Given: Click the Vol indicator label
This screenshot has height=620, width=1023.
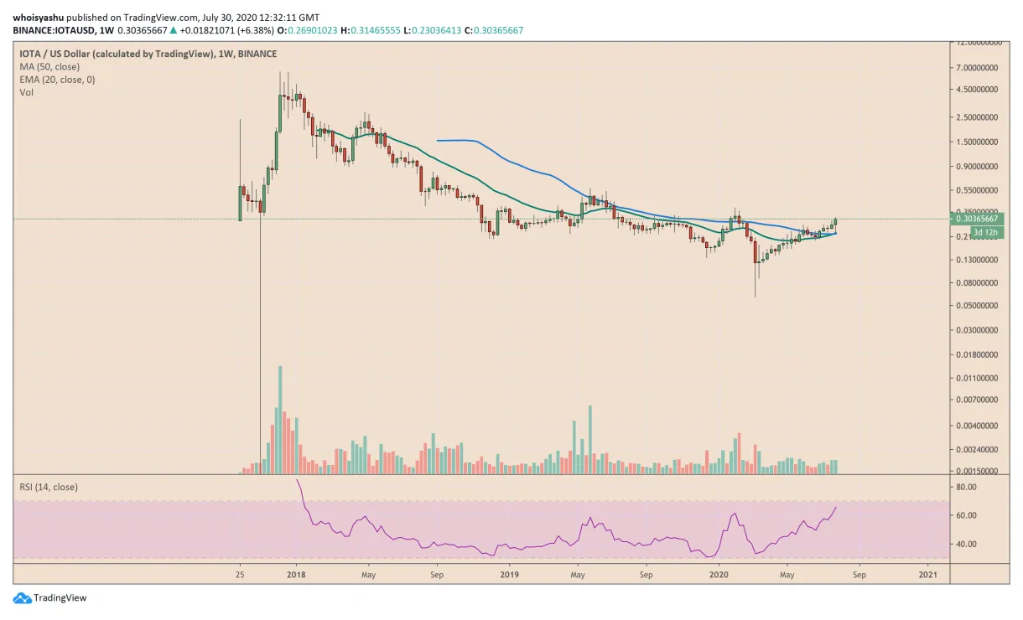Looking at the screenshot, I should pyautogui.click(x=27, y=93).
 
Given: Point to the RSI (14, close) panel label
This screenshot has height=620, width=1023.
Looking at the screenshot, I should pyautogui.click(x=49, y=486).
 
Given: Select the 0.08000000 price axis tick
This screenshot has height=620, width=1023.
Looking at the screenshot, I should pyautogui.click(x=978, y=283).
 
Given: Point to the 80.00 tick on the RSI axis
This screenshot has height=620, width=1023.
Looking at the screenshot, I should pyautogui.click(x=965, y=487).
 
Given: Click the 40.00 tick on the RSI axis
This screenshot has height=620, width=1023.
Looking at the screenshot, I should pyautogui.click(x=965, y=544).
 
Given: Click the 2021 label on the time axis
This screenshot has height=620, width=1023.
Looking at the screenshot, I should pyautogui.click(x=927, y=575).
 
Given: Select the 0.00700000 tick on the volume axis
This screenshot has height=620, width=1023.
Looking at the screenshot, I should pyautogui.click(x=978, y=400).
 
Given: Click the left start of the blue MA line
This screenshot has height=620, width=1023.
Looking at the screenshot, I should pyautogui.click(x=439, y=140).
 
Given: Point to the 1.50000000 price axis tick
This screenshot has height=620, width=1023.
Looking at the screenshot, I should pyautogui.click(x=978, y=142).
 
